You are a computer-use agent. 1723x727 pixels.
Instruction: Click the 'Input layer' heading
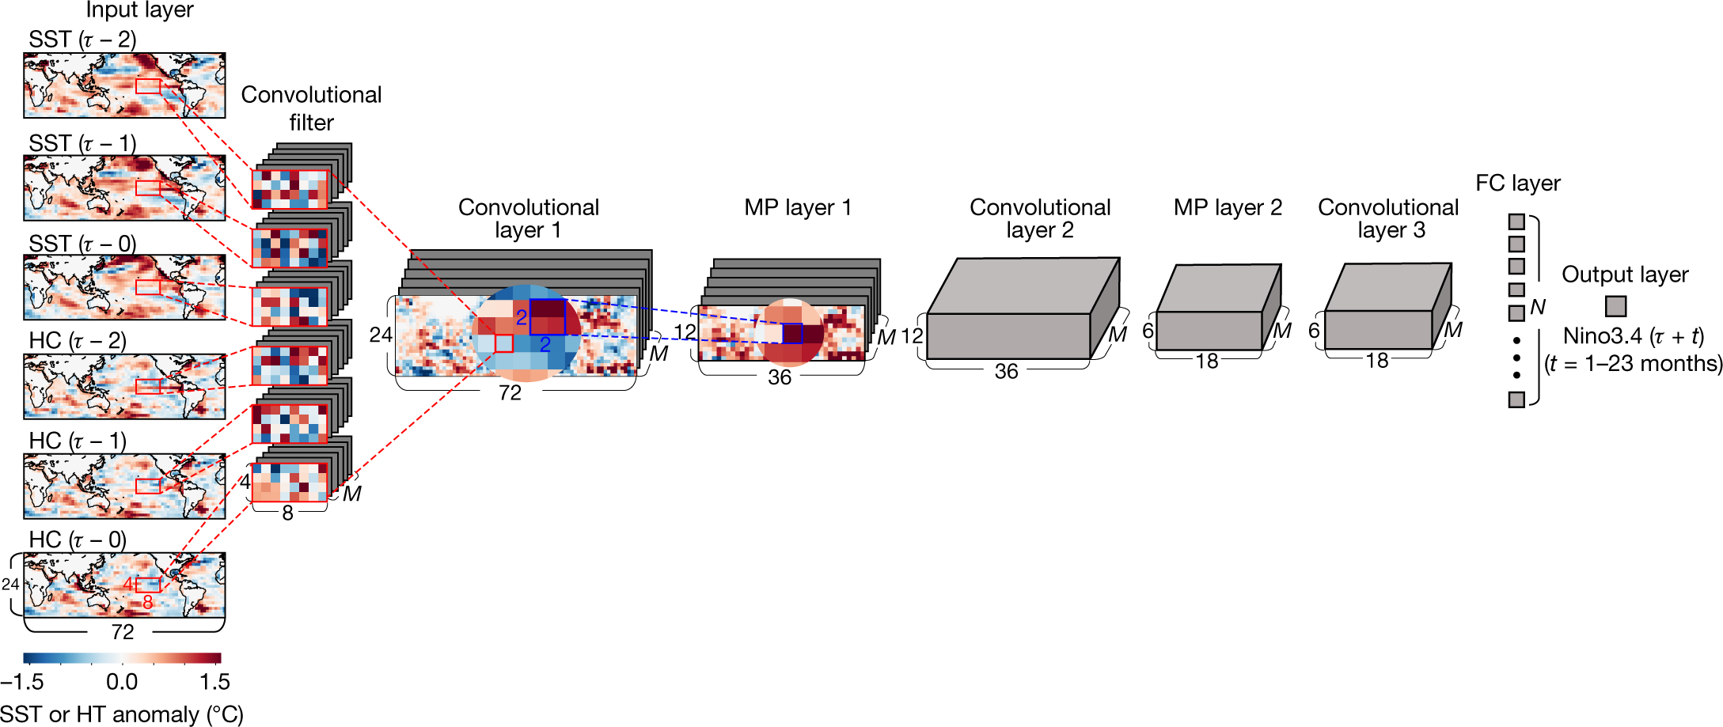139,10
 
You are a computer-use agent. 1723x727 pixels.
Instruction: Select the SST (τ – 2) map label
82,40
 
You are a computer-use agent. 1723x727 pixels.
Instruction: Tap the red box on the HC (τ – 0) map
148,585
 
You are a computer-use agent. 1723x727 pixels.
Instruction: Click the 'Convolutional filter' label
311,108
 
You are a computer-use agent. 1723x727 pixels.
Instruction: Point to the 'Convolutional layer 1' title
528,218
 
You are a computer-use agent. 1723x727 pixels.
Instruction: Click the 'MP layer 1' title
797,207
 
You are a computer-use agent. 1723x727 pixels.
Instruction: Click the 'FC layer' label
1517,184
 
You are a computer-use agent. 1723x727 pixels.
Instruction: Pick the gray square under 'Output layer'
1615,306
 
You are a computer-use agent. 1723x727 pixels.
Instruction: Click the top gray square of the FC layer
1516,222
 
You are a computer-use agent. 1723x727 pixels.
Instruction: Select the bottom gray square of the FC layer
1516,399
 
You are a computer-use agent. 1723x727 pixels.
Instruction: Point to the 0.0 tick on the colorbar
122,681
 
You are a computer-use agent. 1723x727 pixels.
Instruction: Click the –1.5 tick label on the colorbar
22,681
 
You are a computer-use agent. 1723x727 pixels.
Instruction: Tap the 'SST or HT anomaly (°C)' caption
121,714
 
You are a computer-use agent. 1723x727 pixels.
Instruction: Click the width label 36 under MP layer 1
780,377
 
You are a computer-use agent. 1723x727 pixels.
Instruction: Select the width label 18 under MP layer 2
1206,362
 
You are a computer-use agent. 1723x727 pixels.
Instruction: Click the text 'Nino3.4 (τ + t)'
1633,336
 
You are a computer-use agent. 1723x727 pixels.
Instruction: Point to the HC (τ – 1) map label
78,441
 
